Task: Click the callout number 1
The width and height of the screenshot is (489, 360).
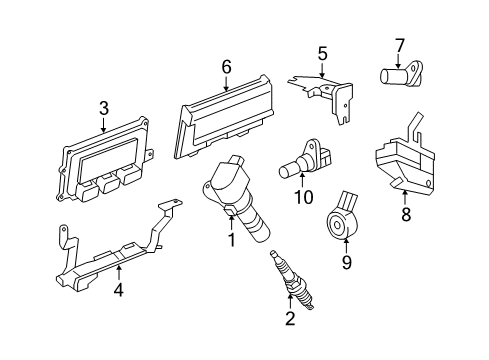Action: pyautogui.click(x=231, y=240)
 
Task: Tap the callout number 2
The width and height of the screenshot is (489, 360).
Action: pyautogui.click(x=289, y=319)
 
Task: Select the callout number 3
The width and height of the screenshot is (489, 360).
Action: pyautogui.click(x=104, y=109)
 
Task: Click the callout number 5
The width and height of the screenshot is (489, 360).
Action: pyautogui.click(x=322, y=53)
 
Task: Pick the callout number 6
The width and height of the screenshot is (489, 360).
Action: pyautogui.click(x=226, y=67)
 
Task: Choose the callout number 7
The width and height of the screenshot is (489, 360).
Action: pyautogui.click(x=399, y=45)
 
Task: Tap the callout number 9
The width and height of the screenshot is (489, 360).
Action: pyautogui.click(x=346, y=264)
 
